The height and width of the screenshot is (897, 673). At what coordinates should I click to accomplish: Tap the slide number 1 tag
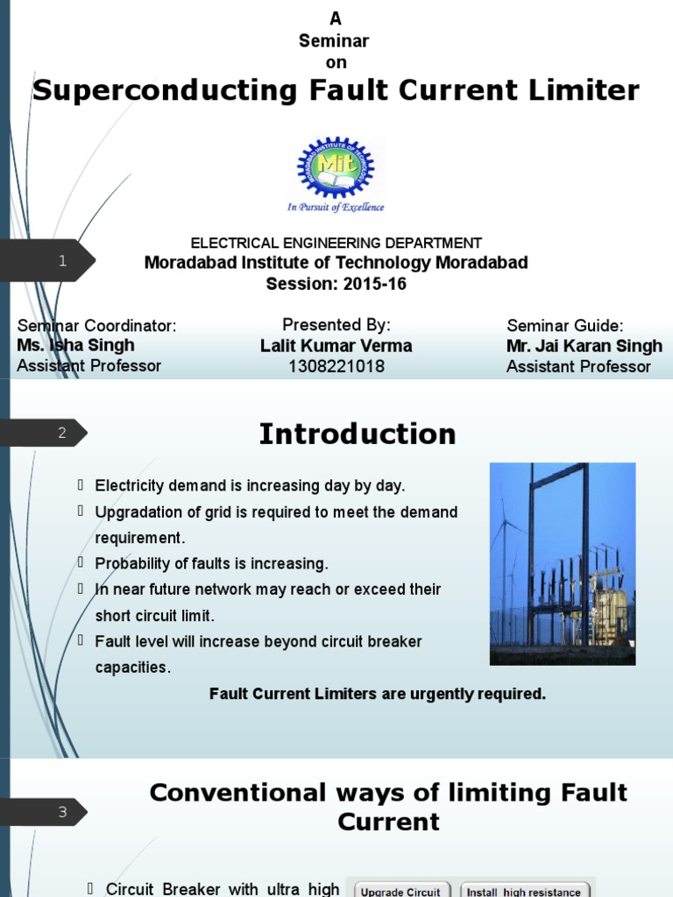click(x=61, y=260)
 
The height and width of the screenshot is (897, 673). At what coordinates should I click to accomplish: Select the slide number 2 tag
click(x=61, y=432)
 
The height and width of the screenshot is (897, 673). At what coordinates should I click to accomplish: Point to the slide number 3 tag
click(x=61, y=812)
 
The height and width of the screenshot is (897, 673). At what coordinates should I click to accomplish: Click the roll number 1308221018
click(x=336, y=367)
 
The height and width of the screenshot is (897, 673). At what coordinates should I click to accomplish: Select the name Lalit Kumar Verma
click(x=336, y=346)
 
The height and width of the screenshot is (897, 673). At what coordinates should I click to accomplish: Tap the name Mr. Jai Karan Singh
click(x=584, y=346)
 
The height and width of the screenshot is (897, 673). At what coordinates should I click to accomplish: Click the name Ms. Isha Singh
click(x=75, y=346)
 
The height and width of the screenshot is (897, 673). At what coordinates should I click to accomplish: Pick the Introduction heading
click(x=358, y=434)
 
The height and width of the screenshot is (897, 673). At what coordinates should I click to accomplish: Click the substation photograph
click(x=562, y=563)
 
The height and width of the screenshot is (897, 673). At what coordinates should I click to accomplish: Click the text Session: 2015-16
click(x=336, y=285)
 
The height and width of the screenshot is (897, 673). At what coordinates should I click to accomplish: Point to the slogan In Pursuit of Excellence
click(x=336, y=208)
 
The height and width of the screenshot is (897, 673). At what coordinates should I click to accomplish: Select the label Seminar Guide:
click(x=564, y=326)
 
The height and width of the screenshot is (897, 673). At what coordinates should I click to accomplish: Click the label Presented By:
click(x=336, y=325)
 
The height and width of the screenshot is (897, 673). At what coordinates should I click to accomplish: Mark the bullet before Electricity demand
click(x=81, y=484)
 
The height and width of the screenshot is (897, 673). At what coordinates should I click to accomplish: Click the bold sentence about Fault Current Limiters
click(x=378, y=694)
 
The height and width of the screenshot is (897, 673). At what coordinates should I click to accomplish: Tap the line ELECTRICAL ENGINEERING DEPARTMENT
click(x=336, y=243)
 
